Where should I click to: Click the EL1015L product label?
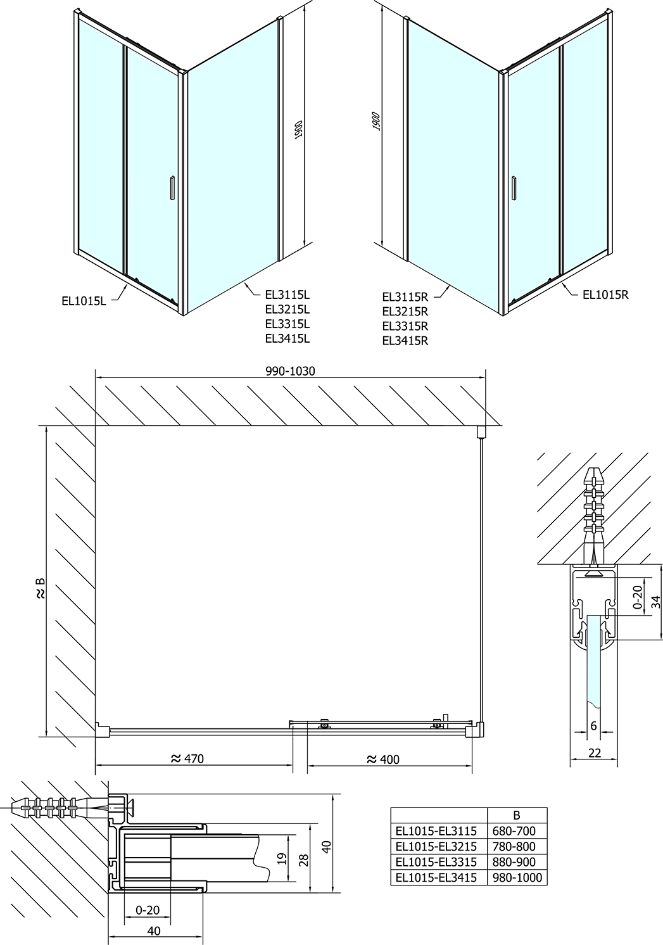pyautogui.click(x=84, y=301)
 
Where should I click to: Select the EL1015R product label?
pyautogui.click(x=605, y=295)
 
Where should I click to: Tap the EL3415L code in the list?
pyautogui.click(x=287, y=338)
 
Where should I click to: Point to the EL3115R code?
pyautogui.click(x=405, y=297)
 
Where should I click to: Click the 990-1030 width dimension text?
pyautogui.click(x=290, y=371)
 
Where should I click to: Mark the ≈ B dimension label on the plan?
pyautogui.click(x=40, y=589)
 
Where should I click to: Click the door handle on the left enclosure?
pyautogui.click(x=172, y=187)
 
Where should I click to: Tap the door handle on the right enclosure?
pyautogui.click(x=514, y=187)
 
